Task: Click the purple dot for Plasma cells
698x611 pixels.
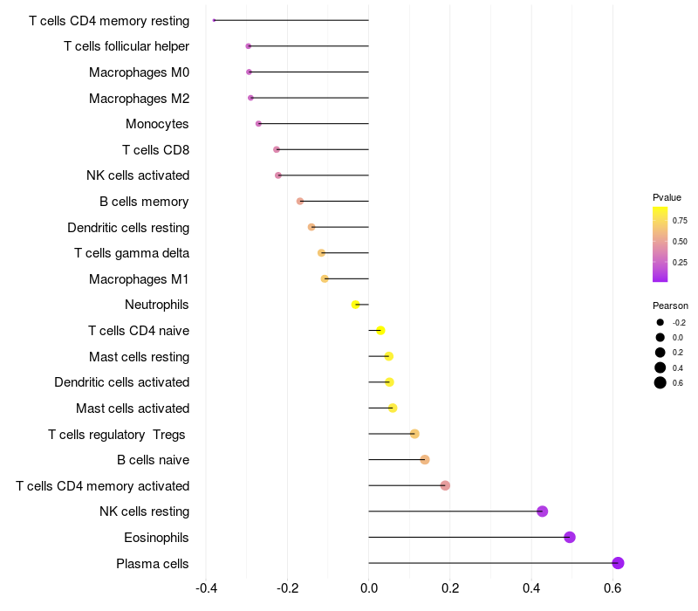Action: pyautogui.click(x=618, y=563)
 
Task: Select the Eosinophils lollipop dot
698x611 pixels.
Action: pyautogui.click(x=570, y=537)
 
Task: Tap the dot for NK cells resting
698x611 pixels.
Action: pyautogui.click(x=542, y=511)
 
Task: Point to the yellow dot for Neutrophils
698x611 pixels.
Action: pyautogui.click(x=355, y=305)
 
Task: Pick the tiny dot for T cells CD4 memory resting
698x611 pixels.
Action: pyautogui.click(x=214, y=20)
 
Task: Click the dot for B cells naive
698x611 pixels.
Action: pyautogui.click(x=425, y=460)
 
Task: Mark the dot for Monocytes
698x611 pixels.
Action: pyautogui.click(x=258, y=123)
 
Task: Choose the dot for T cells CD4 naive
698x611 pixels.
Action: pyautogui.click(x=380, y=331)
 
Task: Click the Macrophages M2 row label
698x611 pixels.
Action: pyautogui.click(x=139, y=99)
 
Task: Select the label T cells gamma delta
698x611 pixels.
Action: pyautogui.click(x=132, y=253)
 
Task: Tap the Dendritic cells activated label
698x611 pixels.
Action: pyautogui.click(x=122, y=382)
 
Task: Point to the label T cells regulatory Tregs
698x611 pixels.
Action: pyautogui.click(x=117, y=435)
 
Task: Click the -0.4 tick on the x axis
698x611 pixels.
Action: pyautogui.click(x=206, y=588)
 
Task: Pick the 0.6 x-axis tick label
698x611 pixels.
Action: pyautogui.click(x=612, y=588)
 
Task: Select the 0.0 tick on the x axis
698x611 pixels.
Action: pyautogui.click(x=369, y=588)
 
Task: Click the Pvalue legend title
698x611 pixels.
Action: pyautogui.click(x=667, y=198)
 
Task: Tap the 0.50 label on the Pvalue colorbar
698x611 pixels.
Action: pyautogui.click(x=680, y=242)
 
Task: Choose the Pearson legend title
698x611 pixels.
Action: pyautogui.click(x=670, y=306)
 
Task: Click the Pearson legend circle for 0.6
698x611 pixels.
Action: pyautogui.click(x=660, y=382)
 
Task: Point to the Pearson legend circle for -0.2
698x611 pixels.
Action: pyautogui.click(x=660, y=322)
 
